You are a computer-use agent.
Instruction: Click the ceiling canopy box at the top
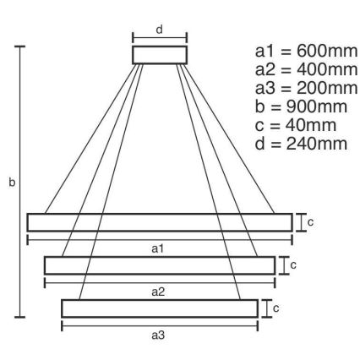pos(158,54)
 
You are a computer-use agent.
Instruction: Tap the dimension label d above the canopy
pos(158,29)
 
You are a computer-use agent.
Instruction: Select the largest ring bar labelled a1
pos(160,222)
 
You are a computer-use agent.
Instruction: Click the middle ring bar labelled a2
pos(160,265)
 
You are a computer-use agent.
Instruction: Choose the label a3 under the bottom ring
pos(157,336)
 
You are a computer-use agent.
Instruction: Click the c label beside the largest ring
pos(311,222)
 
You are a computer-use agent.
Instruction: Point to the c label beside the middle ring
pos(293,265)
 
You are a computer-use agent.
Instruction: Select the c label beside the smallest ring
pos(276,308)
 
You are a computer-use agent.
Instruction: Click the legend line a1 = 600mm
pos(300,50)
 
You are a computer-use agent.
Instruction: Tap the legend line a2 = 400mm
pos(300,69)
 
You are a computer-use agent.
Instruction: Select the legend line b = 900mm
pos(296,107)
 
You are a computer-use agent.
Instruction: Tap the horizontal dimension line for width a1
pos(160,240)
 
